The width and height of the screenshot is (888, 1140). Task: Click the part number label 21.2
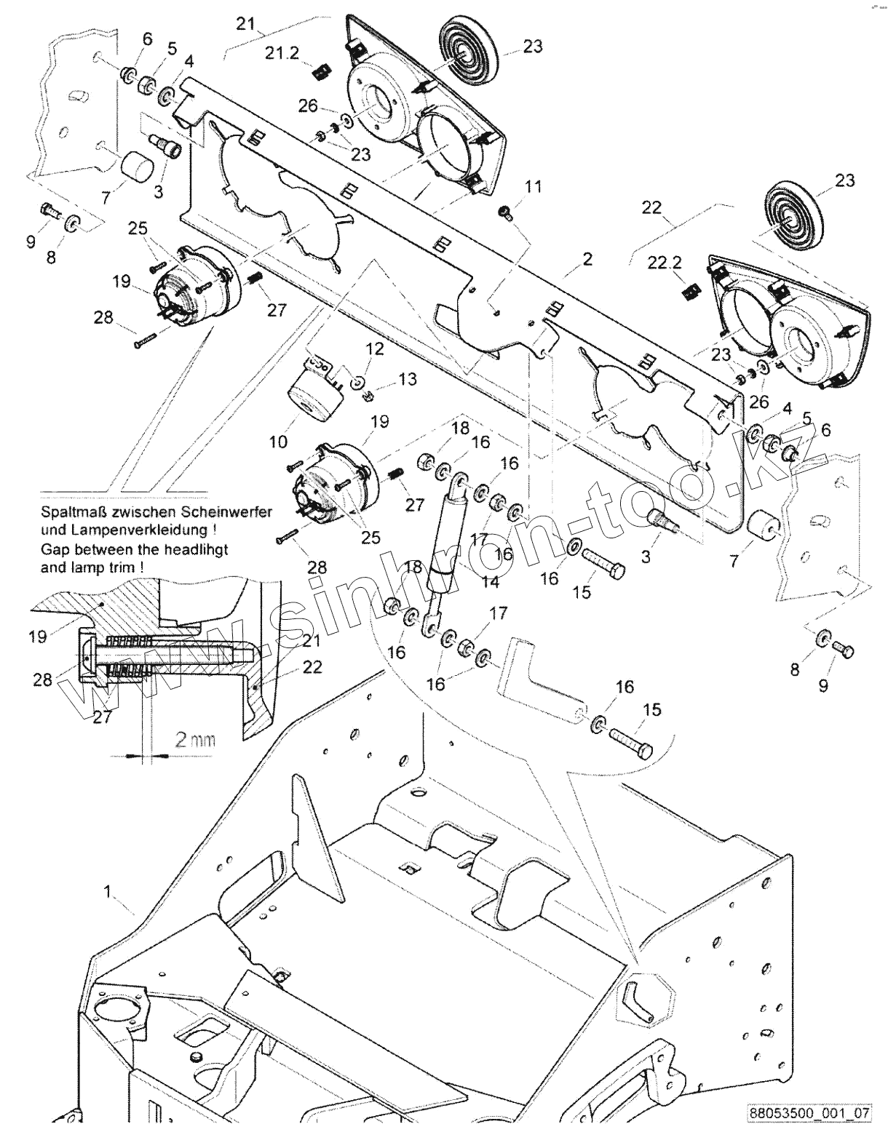coord(281,53)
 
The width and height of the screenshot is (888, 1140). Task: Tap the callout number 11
coord(534,187)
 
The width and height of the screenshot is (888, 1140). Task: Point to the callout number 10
coord(278,442)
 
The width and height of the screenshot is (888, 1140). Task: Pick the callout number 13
coord(408,379)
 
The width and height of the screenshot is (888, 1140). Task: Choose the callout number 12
coord(375,349)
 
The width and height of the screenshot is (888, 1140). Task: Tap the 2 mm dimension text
coord(195,740)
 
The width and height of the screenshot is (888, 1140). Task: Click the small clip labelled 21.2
coord(321,71)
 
